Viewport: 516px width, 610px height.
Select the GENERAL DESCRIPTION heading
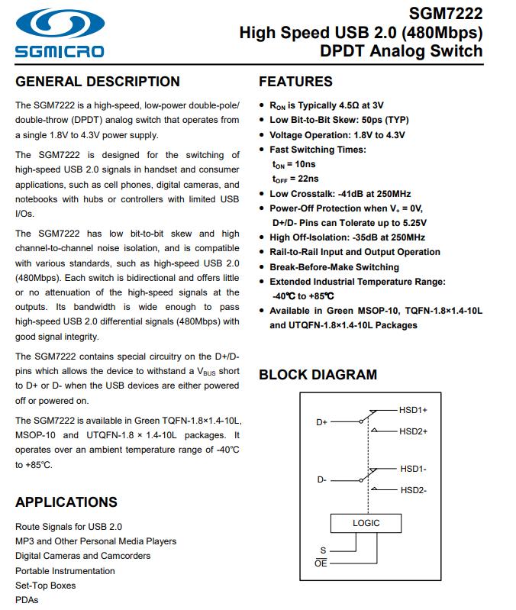point(98,82)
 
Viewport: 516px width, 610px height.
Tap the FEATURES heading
point(295,82)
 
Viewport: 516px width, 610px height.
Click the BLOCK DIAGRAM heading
point(318,374)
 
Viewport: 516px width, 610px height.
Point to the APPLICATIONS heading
point(66,502)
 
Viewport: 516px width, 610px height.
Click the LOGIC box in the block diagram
point(366,523)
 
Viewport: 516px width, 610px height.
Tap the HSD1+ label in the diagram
point(413,410)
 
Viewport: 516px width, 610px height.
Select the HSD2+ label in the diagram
point(413,431)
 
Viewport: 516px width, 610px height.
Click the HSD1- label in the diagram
point(413,468)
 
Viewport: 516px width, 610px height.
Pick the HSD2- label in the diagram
point(413,490)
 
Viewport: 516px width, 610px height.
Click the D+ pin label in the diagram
point(321,421)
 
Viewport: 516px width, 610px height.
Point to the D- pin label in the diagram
point(321,480)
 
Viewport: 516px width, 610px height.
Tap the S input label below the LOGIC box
point(322,550)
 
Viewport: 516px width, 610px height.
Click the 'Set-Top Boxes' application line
point(46,586)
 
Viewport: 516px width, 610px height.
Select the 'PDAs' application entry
point(26,600)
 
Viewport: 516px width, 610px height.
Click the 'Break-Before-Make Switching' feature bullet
point(334,267)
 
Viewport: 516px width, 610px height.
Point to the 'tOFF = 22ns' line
point(295,179)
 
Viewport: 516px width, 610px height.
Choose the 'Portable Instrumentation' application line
point(65,570)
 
